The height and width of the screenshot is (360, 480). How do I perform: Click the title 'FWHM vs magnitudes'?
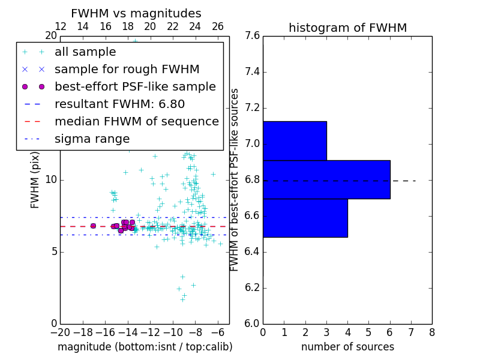pos(136,13)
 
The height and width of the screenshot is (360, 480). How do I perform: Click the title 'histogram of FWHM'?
pos(347,28)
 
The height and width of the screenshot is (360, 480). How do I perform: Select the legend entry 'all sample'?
pos(85,52)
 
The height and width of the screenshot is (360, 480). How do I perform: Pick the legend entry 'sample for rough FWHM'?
pos(127,69)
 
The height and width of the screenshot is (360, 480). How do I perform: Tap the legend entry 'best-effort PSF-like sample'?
pos(135,86)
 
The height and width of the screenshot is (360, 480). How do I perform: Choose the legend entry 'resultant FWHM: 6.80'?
pos(119,104)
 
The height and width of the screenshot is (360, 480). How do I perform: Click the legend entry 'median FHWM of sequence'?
pos(136,121)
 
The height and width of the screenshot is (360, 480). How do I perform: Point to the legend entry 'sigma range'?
pos(92,139)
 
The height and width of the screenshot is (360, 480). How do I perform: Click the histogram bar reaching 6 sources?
pos(326,179)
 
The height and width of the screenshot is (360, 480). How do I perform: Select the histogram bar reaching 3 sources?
pos(295,141)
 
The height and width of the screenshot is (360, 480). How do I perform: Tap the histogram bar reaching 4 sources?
pos(305,218)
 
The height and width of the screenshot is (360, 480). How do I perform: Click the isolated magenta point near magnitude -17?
pos(93,226)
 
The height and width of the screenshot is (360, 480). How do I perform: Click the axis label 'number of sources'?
pos(347,347)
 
